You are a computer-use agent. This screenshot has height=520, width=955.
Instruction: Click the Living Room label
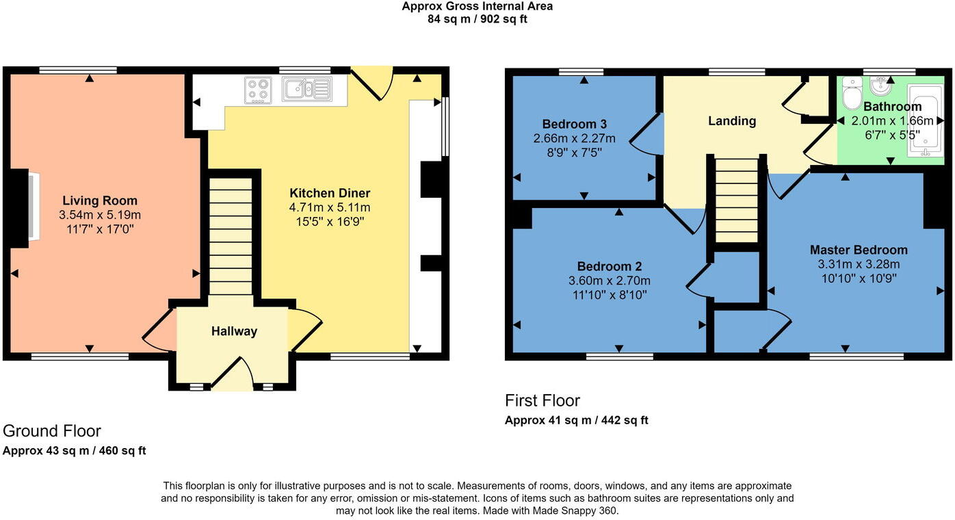click(100, 200)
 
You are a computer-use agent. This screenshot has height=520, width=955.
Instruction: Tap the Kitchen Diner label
click(330, 193)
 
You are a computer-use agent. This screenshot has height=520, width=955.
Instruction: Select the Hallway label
click(234, 331)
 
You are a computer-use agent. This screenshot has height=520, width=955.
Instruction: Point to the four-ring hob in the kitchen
click(259, 90)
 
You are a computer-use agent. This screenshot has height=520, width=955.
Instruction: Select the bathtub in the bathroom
click(925, 120)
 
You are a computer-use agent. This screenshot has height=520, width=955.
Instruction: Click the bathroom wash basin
click(878, 87)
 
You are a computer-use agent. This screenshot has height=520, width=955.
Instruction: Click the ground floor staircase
click(231, 236)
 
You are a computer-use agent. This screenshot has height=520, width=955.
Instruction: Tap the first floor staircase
click(736, 200)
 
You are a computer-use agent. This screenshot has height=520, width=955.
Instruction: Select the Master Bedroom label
click(859, 250)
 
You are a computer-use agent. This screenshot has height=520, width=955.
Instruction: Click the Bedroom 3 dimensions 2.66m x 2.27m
click(574, 139)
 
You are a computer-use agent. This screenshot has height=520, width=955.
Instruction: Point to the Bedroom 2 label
click(610, 267)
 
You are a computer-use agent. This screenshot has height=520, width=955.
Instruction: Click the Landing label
click(732, 121)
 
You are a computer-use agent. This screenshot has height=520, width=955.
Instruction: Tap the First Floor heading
click(542, 400)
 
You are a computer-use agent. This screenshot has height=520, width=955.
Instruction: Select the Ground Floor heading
click(51, 431)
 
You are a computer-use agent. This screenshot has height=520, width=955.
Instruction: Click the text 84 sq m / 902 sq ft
click(477, 19)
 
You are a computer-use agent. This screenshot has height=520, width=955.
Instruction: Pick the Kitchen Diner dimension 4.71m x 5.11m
click(330, 208)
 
